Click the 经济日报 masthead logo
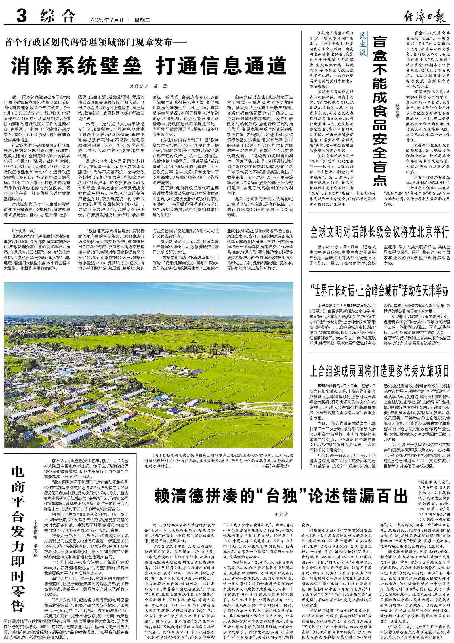coord(424,17)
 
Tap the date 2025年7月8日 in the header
coord(110,20)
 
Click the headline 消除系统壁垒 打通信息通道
coord(149,66)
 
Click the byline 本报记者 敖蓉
coord(149,86)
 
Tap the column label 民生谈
coord(363,44)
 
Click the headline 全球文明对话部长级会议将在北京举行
coord(380,232)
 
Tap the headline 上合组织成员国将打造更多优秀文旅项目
coord(380,370)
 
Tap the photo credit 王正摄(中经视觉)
coord(270,466)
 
